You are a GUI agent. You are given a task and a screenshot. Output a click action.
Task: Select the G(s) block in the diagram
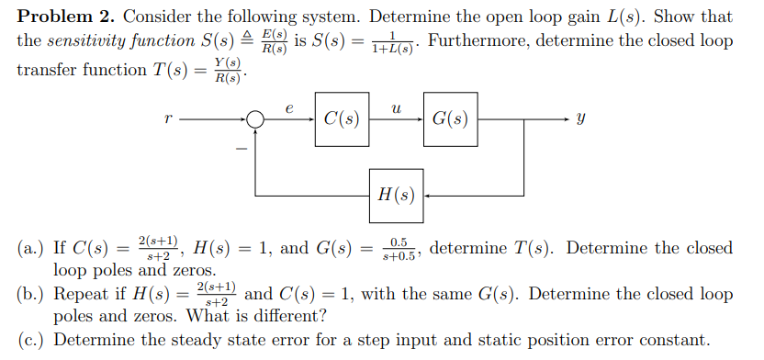[x=450, y=119]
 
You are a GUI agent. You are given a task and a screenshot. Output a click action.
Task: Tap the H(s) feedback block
[x=397, y=195]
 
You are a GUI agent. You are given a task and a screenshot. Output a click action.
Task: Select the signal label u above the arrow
[x=395, y=107]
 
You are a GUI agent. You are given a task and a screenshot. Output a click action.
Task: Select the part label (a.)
[x=33, y=249]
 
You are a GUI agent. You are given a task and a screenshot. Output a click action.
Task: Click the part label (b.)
[x=33, y=296]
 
